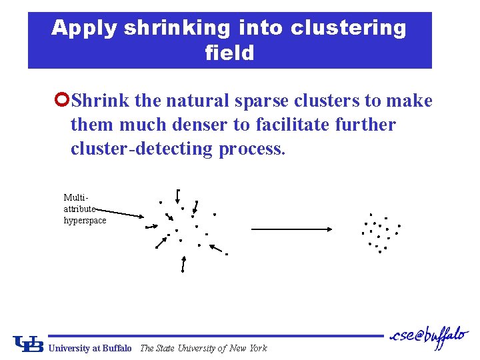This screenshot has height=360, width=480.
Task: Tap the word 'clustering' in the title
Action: pyautogui.click(x=348, y=28)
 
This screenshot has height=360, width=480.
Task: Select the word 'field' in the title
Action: pyautogui.click(x=230, y=53)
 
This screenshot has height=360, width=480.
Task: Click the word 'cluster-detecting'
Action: pyautogui.click(x=142, y=148)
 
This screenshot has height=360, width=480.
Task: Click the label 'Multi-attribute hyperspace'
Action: pyautogui.click(x=85, y=209)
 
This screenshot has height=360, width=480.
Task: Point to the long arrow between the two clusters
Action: pyautogui.click(x=292, y=229)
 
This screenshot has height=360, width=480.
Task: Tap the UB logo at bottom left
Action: pyautogui.click(x=29, y=343)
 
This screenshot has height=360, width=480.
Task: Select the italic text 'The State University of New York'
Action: pyautogui.click(x=203, y=348)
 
